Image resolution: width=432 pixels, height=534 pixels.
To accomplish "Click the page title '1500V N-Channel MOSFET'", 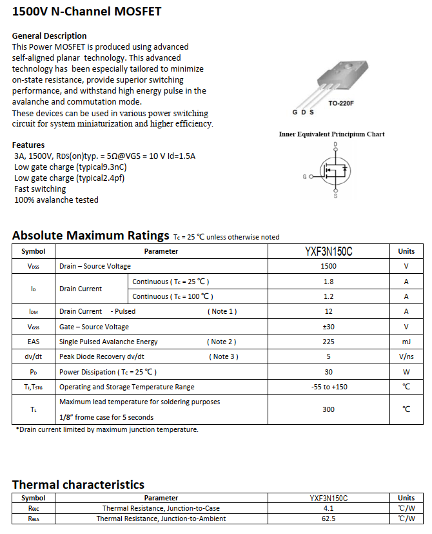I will (x=86, y=12).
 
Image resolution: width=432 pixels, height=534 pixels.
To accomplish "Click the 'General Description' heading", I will (x=49, y=36).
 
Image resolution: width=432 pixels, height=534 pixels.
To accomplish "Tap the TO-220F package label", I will (x=341, y=103).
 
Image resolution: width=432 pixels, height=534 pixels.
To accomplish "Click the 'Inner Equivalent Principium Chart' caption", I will (x=331, y=134).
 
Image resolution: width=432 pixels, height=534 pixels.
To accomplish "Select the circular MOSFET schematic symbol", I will (x=335, y=170).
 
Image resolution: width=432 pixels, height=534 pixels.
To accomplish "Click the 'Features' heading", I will (x=28, y=145).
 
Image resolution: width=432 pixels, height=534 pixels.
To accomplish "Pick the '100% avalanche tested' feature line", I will (x=56, y=200).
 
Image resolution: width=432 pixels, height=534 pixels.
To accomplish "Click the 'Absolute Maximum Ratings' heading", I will (x=90, y=235).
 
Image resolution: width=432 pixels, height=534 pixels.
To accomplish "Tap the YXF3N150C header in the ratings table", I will (x=328, y=251).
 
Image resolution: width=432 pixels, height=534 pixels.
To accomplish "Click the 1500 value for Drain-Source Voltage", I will (x=328, y=266).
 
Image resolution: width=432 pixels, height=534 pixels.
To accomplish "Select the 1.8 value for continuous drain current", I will (x=328, y=282).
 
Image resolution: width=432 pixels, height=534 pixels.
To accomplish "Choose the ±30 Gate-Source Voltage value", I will (x=328, y=327).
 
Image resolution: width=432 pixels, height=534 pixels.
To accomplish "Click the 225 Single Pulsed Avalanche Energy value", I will (x=328, y=342).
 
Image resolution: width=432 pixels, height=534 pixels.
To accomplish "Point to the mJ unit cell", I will (x=406, y=342).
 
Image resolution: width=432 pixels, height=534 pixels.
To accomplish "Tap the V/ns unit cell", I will (x=406, y=356).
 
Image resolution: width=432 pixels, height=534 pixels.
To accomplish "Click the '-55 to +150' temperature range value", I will (x=328, y=387).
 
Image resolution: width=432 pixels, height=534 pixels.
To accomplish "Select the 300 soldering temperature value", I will (x=328, y=409).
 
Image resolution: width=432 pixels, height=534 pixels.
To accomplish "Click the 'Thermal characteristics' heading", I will (x=78, y=484).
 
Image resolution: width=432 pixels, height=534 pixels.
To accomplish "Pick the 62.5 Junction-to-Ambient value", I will (x=328, y=519).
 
